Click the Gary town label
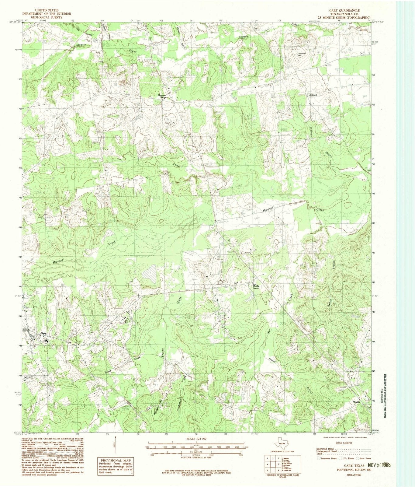(44, 334)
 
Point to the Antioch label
(313, 95)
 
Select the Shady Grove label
(256, 287)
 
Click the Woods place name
(356, 402)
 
